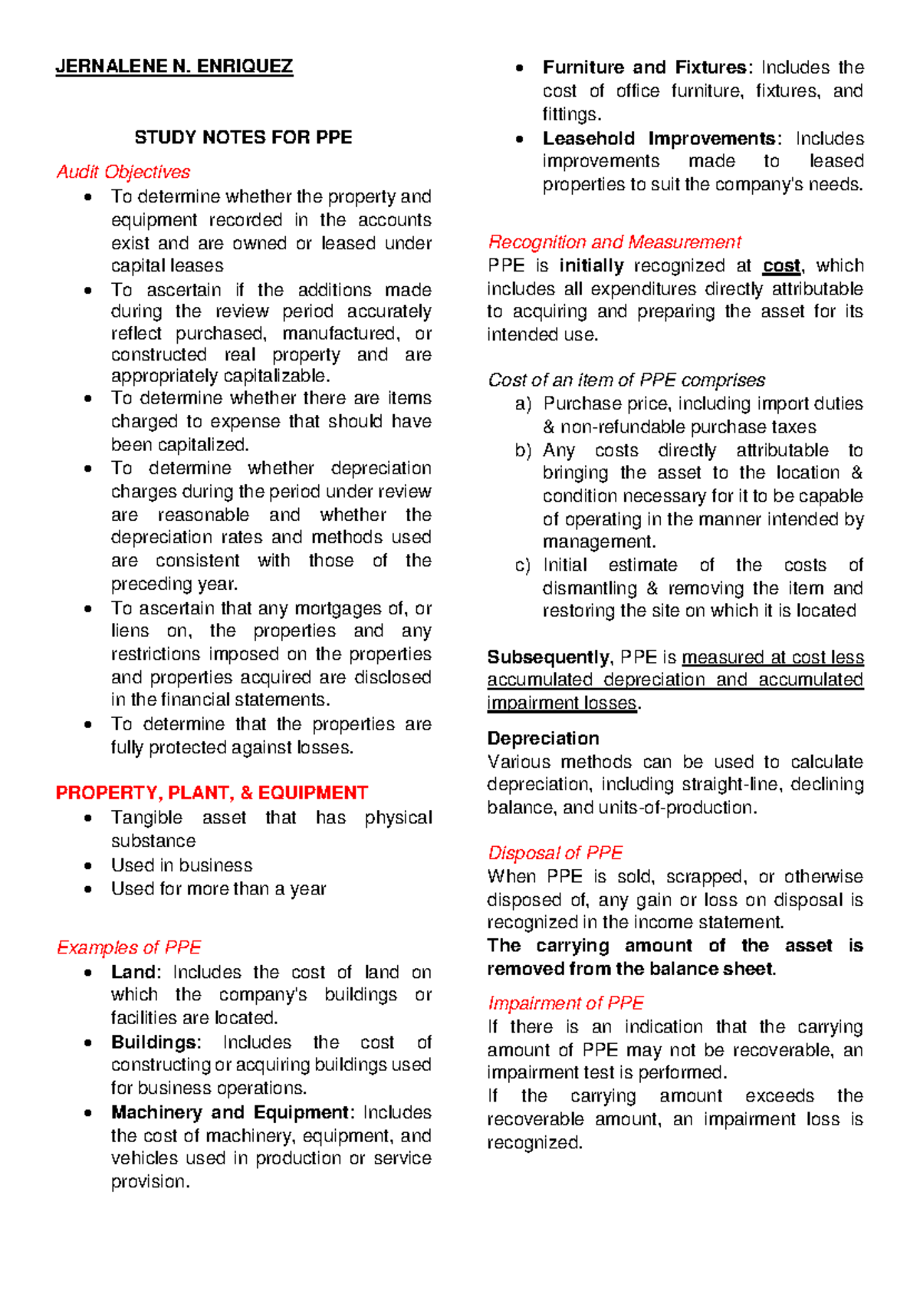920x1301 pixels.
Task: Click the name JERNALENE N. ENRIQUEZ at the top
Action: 174,67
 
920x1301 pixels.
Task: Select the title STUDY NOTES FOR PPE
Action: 243,138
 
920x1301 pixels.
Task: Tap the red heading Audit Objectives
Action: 123,172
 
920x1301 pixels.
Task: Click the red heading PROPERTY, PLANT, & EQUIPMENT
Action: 212,792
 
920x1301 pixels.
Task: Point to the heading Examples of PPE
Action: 129,947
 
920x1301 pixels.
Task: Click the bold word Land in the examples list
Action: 133,972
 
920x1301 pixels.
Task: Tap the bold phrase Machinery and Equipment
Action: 230,1112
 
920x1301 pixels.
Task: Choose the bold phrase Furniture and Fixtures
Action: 645,68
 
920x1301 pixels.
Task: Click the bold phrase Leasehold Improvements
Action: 659,139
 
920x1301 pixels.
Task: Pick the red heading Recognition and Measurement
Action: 614,242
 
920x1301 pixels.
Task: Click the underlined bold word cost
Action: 781,266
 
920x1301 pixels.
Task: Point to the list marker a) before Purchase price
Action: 523,404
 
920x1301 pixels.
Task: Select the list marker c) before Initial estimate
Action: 523,566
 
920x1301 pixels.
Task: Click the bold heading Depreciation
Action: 543,739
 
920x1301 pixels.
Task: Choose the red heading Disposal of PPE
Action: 555,853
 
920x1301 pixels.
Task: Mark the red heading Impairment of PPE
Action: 566,1003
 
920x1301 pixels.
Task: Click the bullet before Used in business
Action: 90,866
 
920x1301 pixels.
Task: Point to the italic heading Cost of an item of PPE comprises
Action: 626,380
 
